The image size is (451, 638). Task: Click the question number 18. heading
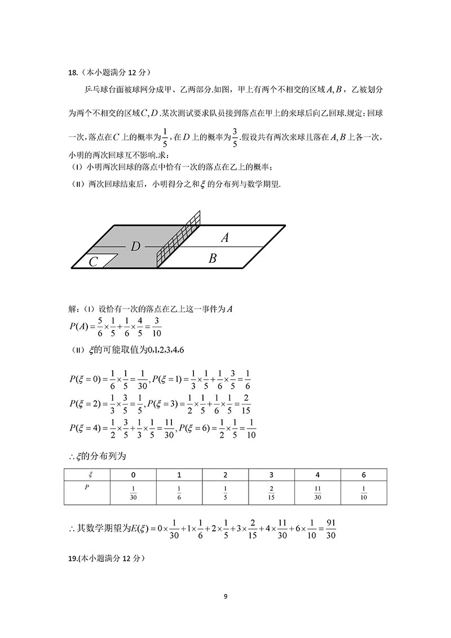pos(72,72)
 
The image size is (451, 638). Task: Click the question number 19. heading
pos(73,558)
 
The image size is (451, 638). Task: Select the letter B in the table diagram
pos(213,259)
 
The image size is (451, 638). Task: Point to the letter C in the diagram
pos(94,262)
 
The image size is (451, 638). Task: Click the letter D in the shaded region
pos(135,247)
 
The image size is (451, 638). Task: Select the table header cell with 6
pos(364,474)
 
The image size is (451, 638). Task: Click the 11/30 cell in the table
pos(317,493)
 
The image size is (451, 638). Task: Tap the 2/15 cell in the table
pos(271,493)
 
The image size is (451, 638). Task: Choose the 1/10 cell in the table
pos(364,493)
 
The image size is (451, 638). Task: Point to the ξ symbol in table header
pos(86,474)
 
